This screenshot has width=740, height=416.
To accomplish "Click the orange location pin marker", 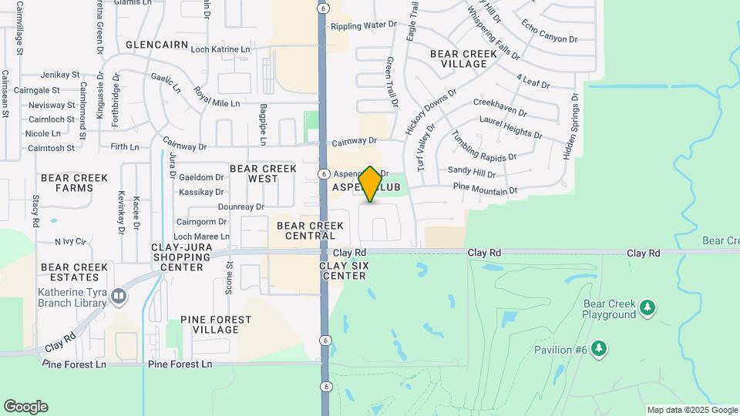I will pyautogui.click(x=370, y=184).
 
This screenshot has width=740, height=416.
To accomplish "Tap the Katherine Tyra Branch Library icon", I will pyautogui.click(x=118, y=296).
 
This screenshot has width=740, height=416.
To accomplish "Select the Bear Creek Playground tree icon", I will pyautogui.click(x=647, y=308).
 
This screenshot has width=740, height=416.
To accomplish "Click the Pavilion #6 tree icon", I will pyautogui.click(x=599, y=350).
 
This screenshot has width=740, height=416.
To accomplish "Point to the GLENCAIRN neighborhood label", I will pyautogui.click(x=156, y=45).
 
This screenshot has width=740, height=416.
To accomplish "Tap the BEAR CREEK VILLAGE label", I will pyautogui.click(x=459, y=59).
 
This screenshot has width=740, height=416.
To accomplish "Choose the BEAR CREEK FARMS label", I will pyautogui.click(x=74, y=183).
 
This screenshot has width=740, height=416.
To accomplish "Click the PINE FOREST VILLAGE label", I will pyautogui.click(x=216, y=324).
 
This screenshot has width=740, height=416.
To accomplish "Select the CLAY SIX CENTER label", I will pyautogui.click(x=345, y=270).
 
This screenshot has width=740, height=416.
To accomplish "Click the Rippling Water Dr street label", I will pyautogui.click(x=363, y=25).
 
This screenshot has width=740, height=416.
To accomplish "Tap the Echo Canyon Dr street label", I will pyautogui.click(x=549, y=32).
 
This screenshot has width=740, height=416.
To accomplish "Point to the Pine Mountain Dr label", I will pyautogui.click(x=485, y=189).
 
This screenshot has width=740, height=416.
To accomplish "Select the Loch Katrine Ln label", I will pyautogui.click(x=220, y=49).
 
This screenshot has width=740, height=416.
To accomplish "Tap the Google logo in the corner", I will pyautogui.click(x=25, y=407).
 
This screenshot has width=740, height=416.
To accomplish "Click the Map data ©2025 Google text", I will pyautogui.click(x=691, y=410).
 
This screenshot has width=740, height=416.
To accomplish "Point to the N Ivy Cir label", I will pyautogui.click(x=69, y=241).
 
